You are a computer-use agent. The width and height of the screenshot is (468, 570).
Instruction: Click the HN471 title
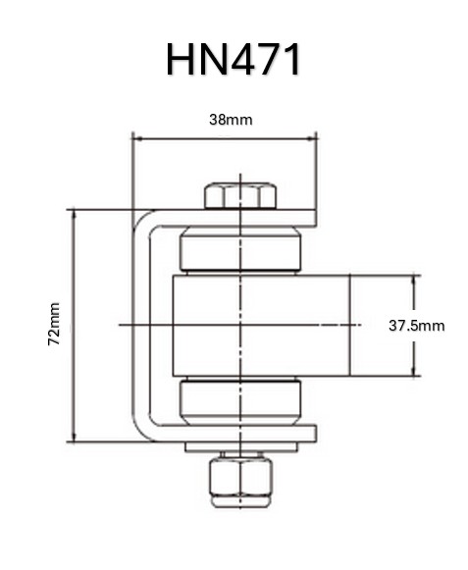point(234,61)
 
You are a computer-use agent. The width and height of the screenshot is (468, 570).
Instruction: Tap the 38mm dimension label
point(231,120)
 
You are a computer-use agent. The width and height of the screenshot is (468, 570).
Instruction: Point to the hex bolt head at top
point(240,195)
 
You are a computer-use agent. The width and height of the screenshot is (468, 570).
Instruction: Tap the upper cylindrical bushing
point(240,249)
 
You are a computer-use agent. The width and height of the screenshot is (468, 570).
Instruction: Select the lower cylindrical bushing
point(240,399)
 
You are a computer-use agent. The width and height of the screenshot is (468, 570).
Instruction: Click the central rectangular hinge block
point(260,326)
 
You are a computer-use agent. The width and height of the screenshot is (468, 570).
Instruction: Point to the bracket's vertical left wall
point(140,324)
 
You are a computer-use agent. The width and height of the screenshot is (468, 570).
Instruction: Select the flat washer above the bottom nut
point(240,448)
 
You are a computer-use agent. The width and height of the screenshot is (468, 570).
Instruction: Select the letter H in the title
point(181,61)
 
